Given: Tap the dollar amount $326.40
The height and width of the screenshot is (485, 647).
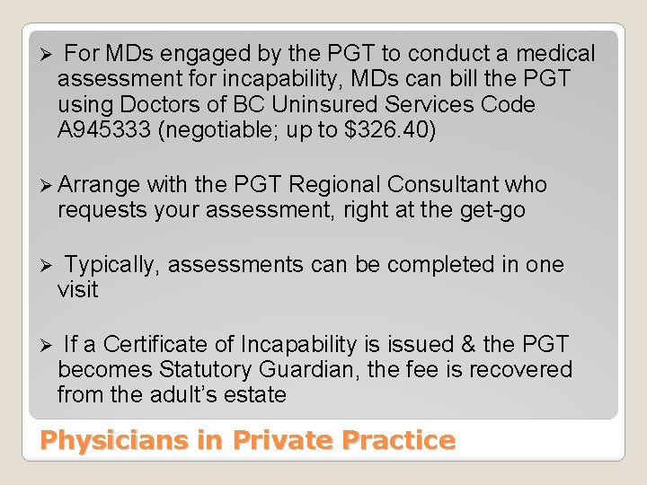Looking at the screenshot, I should (390, 130).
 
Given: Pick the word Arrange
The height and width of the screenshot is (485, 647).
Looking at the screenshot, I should (99, 185).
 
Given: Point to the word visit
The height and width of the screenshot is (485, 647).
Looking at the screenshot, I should (77, 290).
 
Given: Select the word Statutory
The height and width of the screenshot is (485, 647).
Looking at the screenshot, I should (205, 370).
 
